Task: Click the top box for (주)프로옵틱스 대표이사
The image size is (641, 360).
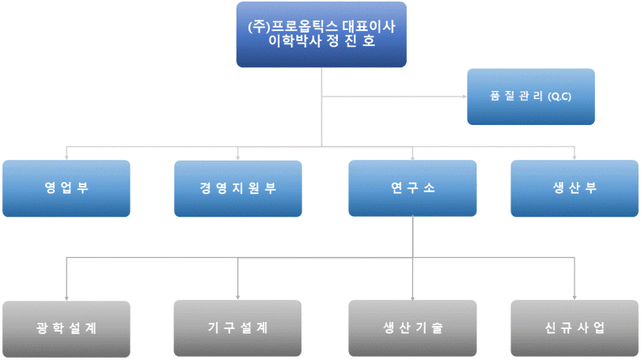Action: coord(321,34)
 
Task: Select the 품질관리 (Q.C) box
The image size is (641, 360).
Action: coord(530,97)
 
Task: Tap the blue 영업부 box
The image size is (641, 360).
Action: coord(66,188)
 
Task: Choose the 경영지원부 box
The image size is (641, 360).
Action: coord(238,188)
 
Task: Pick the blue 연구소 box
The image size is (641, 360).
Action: coord(412,188)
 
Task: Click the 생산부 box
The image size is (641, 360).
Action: coord(575,188)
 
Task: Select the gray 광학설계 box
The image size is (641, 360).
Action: coord(66,328)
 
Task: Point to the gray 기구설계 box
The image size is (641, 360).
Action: coord(238,328)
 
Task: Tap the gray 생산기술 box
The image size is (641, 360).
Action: coord(412,328)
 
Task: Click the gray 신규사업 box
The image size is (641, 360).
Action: coord(575,328)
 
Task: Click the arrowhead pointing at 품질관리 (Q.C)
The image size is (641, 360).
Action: coord(464,97)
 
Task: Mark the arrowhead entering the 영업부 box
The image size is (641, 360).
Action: coord(66,157)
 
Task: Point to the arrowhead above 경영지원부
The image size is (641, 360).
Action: coord(238,157)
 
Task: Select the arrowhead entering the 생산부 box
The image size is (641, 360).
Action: coord(575,157)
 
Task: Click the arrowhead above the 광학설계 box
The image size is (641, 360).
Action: coord(66,297)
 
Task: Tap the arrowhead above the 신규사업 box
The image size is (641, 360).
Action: coord(575,297)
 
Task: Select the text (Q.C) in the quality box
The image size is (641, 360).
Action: coord(560,97)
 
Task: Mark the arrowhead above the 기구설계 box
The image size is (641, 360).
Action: coord(238,297)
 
